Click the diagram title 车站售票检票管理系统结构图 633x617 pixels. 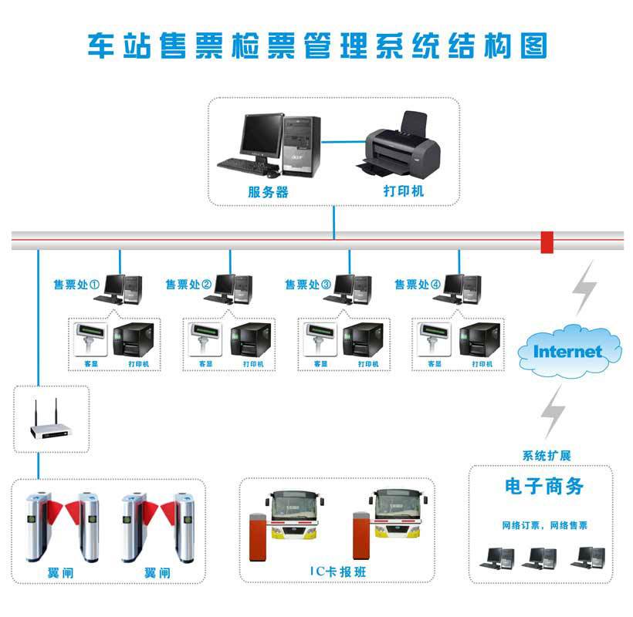coord(316,46)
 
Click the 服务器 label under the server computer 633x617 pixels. coord(268,192)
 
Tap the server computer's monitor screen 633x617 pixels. coord(260,134)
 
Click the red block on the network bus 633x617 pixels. coord(547,241)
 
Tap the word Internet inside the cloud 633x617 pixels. coord(568,352)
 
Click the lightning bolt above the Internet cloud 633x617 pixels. coord(584,286)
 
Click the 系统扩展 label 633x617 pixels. coord(547,455)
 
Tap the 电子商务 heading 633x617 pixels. coord(544,487)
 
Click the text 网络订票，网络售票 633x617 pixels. coord(544,525)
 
